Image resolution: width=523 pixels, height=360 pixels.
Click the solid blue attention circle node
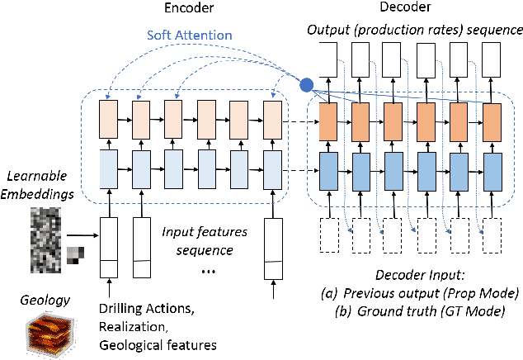click(306, 83)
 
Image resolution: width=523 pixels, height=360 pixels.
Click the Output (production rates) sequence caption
click(415, 30)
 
